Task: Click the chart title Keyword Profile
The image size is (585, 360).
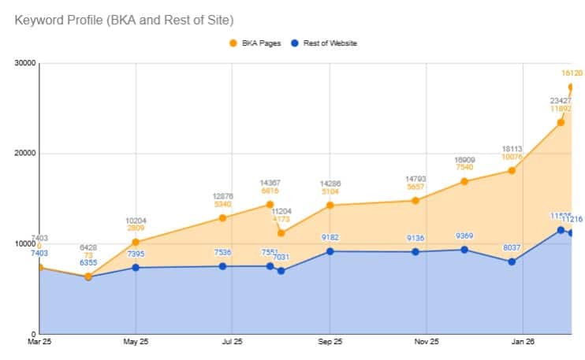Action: (x=124, y=18)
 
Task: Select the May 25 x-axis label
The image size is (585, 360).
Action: (x=136, y=343)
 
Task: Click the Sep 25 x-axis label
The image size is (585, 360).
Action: (x=330, y=343)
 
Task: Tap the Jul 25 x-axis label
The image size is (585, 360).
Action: (x=232, y=343)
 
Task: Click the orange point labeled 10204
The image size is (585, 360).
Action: (x=136, y=242)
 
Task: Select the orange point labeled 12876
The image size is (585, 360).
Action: (x=223, y=217)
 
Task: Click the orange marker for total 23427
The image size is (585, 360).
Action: (x=561, y=122)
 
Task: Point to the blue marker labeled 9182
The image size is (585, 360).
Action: (x=330, y=251)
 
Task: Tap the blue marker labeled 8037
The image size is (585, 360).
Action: (x=512, y=262)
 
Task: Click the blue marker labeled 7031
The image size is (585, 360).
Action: (x=281, y=271)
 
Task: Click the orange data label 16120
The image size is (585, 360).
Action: (x=572, y=73)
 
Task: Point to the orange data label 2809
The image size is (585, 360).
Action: (x=136, y=228)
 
